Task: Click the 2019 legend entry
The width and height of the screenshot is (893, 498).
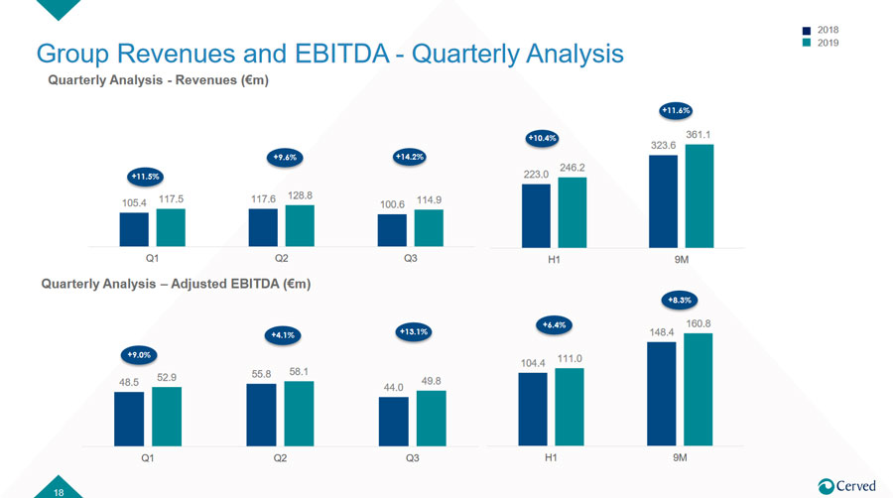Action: coord(821,43)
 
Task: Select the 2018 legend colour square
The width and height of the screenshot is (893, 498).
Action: coord(807,30)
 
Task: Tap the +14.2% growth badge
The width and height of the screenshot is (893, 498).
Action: coord(410,157)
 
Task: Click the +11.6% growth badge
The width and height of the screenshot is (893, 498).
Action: coord(676,110)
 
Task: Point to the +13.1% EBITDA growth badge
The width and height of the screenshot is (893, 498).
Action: coord(414,331)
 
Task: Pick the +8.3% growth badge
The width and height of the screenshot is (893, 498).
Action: coord(680,300)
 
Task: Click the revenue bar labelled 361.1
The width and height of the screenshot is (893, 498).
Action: coord(700,195)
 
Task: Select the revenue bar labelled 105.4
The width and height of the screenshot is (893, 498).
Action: coord(134,229)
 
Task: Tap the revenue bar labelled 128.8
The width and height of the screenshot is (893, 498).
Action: coord(300,226)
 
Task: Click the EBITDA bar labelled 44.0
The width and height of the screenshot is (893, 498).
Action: coord(394,422)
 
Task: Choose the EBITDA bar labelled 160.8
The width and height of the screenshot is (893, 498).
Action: coord(699,390)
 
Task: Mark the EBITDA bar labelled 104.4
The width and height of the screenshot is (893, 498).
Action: coord(533,410)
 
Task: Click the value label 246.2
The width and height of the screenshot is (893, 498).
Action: coord(572,168)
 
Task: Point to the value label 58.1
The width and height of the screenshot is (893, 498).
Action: coord(299,372)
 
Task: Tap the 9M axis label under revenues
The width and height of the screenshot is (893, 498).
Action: coord(681,260)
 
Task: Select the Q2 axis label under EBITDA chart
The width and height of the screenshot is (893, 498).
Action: coord(280,458)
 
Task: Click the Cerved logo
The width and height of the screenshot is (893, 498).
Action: coord(847,486)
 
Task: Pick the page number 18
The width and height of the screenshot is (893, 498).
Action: coord(59,492)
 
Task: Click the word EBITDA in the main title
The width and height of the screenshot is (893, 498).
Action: coord(341,54)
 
